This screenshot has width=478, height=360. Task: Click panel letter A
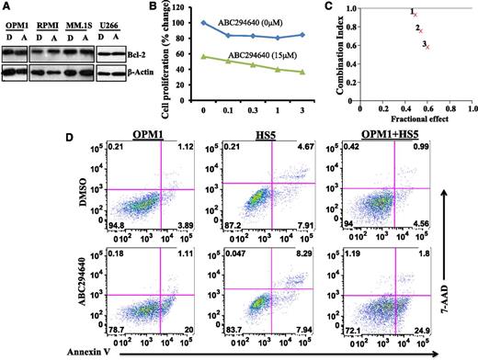6,6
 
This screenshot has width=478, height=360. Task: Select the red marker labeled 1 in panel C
415,16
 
